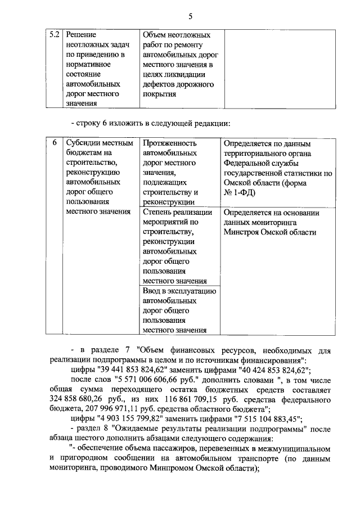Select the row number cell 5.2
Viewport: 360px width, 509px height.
54,35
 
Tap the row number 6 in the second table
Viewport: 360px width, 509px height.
55,143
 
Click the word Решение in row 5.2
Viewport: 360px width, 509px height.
81,35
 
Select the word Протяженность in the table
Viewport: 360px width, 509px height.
169,144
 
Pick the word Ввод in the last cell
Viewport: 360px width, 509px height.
152,291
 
